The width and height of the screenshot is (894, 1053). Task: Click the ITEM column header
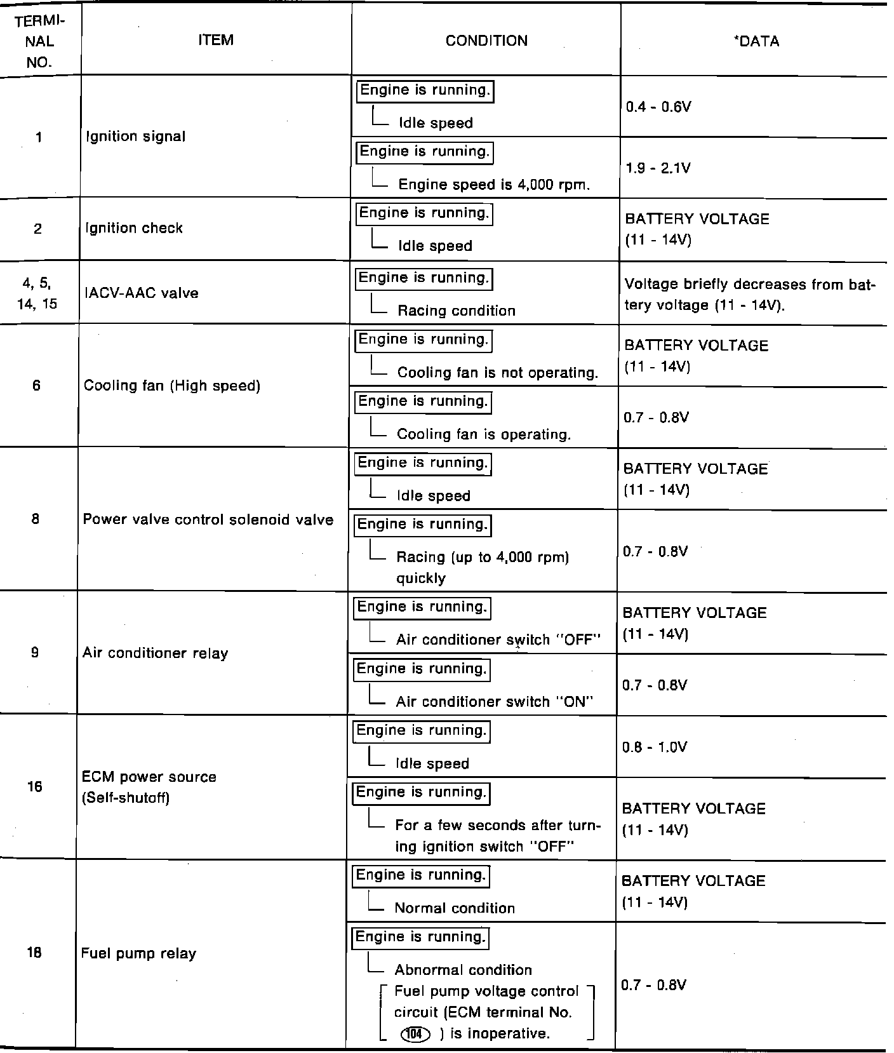pos(216,40)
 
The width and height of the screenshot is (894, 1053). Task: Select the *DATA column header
pos(756,41)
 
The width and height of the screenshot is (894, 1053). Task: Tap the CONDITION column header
pos(486,41)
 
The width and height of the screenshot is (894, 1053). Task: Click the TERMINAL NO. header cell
pos(40,41)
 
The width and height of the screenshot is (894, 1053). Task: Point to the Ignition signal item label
pos(135,137)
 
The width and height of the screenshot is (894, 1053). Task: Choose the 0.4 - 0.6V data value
pos(658,107)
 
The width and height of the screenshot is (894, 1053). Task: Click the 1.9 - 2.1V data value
pos(658,168)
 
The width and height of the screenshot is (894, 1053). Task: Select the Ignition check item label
pos(134,228)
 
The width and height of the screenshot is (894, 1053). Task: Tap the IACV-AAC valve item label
pos(141,293)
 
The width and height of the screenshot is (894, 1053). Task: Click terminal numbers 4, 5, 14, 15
pos(37,293)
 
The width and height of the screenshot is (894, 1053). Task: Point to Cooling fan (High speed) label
pos(172,386)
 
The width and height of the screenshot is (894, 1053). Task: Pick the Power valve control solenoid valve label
pos(208,520)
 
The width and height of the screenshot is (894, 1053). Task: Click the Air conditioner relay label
pos(155,654)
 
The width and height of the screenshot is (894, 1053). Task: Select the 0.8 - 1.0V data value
pos(655,747)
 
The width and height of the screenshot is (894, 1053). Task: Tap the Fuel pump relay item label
pos(138,953)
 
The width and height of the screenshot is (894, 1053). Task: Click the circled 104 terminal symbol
pos(415,1034)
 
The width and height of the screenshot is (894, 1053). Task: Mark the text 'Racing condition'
pos(456,311)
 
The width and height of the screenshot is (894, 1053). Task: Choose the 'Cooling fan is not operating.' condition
pos(497,372)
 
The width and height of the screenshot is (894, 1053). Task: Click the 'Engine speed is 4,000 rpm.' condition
pos(494,185)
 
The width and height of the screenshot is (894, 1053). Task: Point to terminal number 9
pos(35,652)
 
